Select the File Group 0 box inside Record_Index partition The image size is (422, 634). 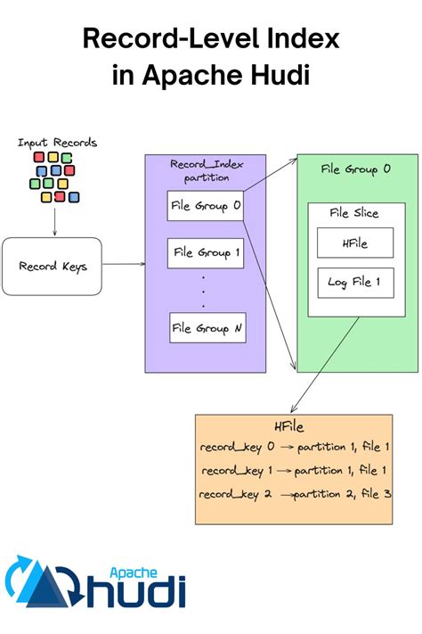(207, 206)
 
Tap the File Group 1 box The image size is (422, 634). (207, 253)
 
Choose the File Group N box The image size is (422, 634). (207, 327)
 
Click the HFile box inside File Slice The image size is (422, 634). (354, 243)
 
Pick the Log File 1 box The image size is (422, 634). (354, 283)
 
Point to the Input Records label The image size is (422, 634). (57, 143)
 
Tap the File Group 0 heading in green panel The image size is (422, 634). (357, 169)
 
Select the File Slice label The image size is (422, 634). (354, 213)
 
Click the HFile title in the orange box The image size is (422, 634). (293, 427)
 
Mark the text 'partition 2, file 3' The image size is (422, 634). (343, 493)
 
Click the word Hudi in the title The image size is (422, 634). (276, 75)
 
